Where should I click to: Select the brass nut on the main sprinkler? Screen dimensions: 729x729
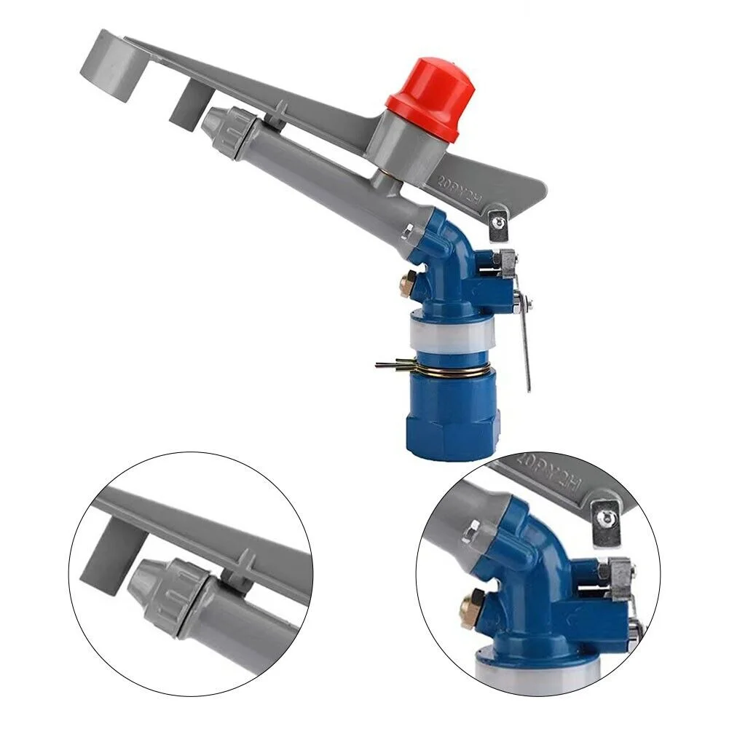[x=407, y=283]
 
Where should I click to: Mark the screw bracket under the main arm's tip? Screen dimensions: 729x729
[x=499, y=225]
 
